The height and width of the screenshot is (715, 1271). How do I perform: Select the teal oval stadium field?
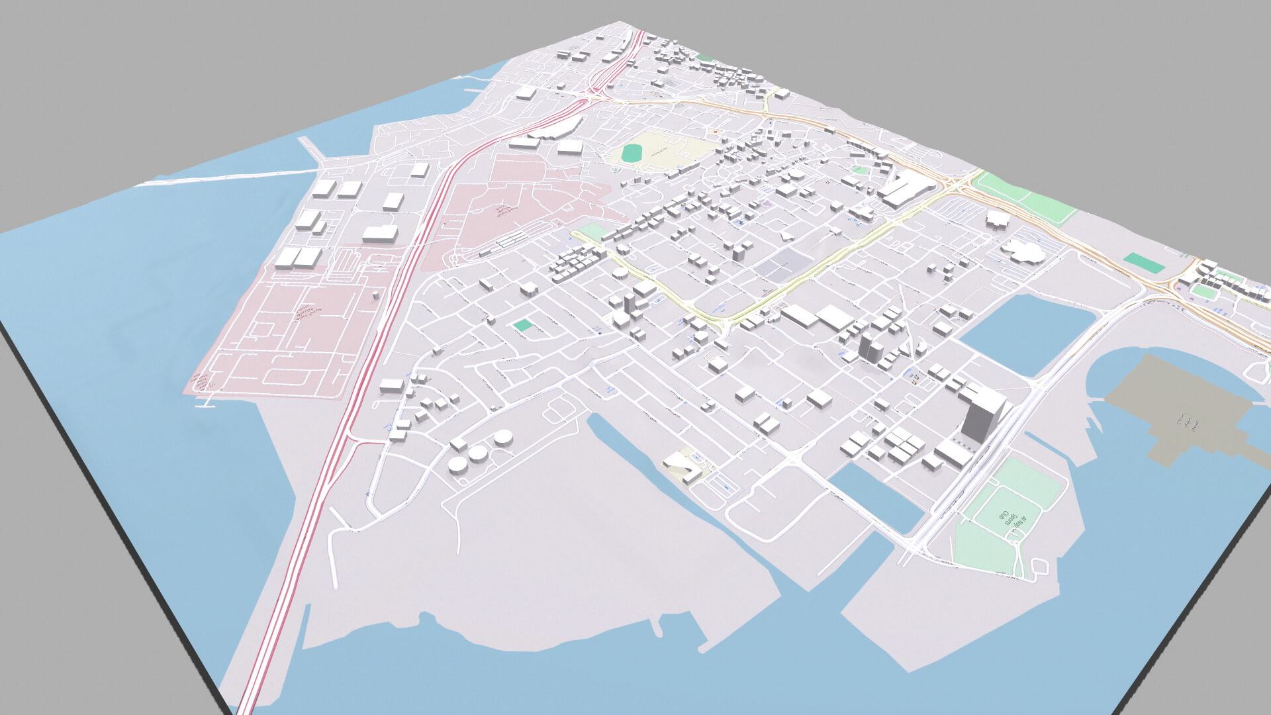(x=633, y=153)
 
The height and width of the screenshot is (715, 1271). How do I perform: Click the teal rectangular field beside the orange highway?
(x=1144, y=263)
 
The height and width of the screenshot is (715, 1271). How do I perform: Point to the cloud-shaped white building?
(x=1023, y=251)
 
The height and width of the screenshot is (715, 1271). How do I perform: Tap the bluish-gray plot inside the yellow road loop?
(x=781, y=265)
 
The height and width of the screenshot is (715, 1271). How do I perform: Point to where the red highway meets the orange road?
(x=589, y=98)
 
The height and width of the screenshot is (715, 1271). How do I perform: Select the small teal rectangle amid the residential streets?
(x=523, y=325)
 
